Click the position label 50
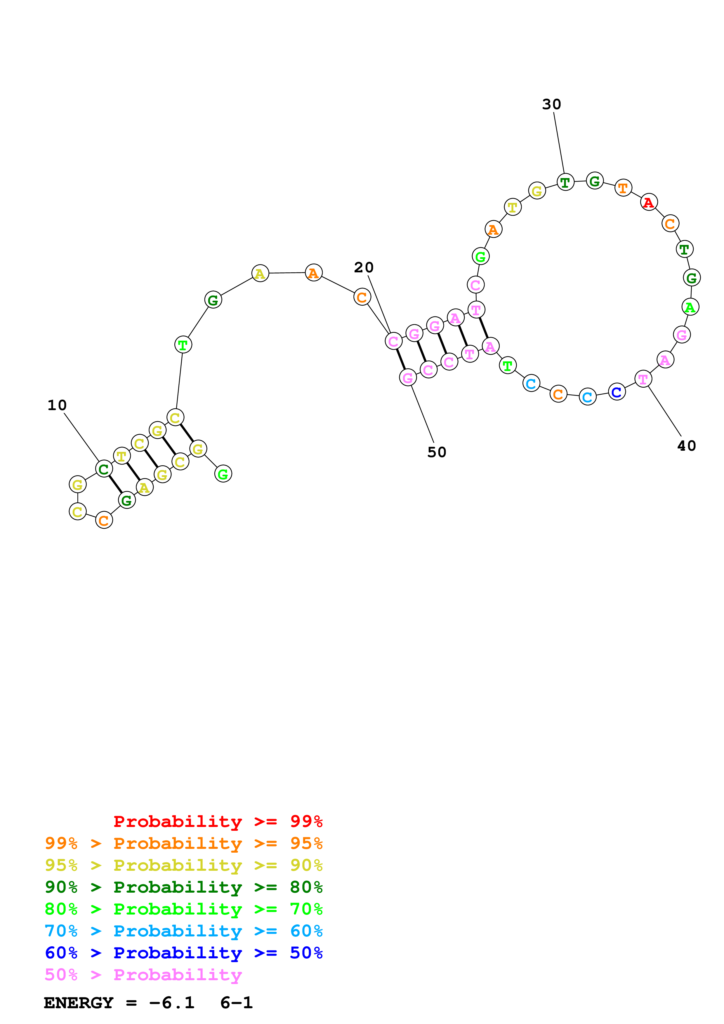437,452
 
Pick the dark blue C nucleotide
617,391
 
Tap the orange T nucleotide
623,188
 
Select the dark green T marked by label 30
565,182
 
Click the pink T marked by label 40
643,379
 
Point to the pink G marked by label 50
408,378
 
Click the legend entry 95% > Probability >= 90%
184,865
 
